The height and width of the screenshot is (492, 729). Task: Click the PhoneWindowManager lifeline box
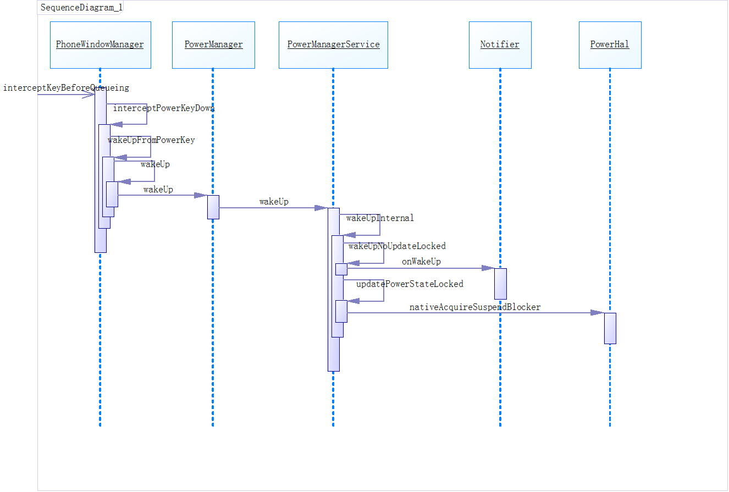click(x=100, y=45)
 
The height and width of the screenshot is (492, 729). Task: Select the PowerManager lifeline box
click(x=213, y=45)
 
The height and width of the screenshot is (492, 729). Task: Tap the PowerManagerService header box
click(x=333, y=45)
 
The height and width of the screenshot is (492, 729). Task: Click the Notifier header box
click(x=500, y=45)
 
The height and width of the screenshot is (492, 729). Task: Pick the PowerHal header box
click(x=610, y=45)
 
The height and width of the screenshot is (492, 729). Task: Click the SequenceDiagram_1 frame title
click(x=81, y=8)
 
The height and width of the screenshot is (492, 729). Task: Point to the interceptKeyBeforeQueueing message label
click(x=66, y=87)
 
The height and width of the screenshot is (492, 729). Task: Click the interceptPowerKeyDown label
click(x=163, y=108)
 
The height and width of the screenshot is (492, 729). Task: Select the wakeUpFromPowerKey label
click(x=151, y=140)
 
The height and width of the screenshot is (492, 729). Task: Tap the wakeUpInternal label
click(x=380, y=218)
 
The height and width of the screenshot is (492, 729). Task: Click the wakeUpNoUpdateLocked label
click(x=397, y=246)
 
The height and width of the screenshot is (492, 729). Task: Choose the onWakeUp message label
click(x=421, y=262)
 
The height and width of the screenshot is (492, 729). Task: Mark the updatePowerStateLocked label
click(x=410, y=284)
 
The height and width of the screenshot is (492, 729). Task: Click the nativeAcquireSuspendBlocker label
click(x=475, y=307)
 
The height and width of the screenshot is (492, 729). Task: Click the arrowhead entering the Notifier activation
click(x=488, y=268)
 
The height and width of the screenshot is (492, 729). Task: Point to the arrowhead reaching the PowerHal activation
click(x=597, y=313)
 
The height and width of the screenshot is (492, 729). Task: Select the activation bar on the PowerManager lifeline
click(x=213, y=207)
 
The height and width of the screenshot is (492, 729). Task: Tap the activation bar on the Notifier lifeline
click(x=500, y=284)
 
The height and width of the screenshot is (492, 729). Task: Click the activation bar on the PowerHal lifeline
click(x=610, y=328)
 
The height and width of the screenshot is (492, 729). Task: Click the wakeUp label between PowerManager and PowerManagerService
click(x=274, y=202)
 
